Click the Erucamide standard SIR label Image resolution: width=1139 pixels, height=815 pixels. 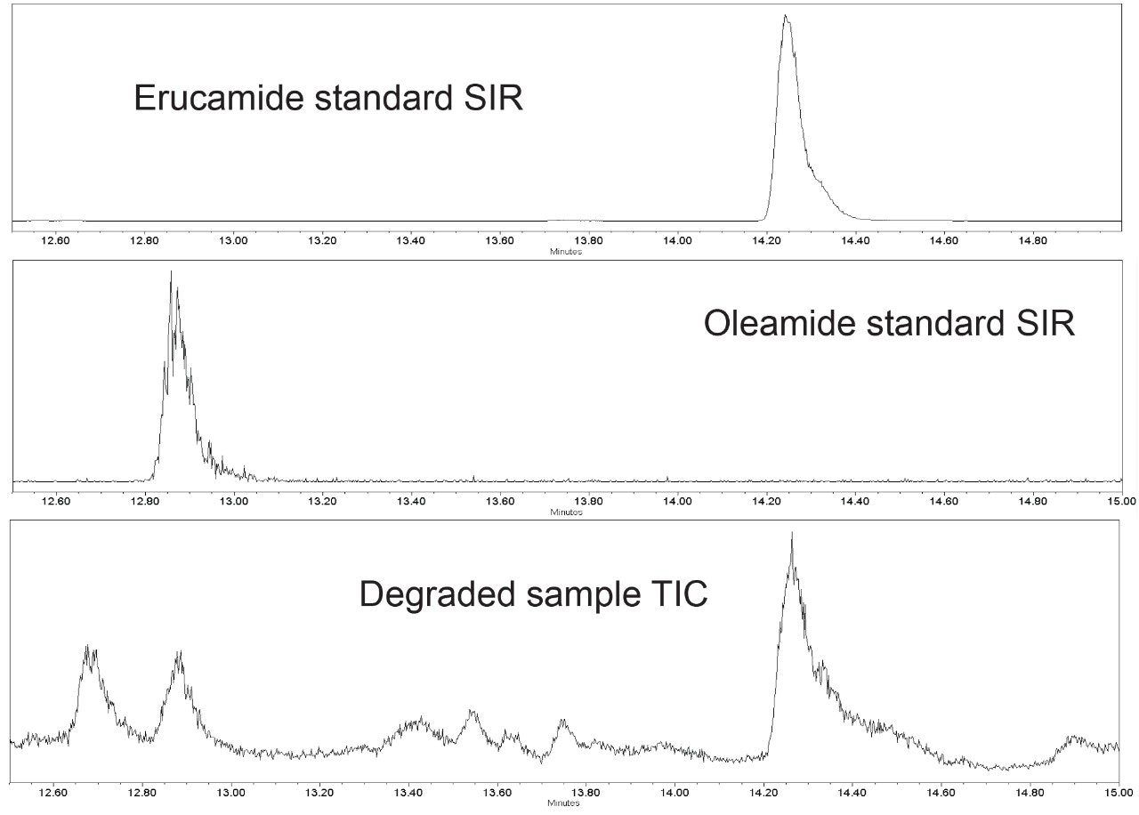[x=328, y=98]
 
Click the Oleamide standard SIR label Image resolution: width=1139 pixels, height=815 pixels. [x=889, y=323]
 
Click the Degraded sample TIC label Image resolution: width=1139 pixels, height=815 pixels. [x=533, y=593]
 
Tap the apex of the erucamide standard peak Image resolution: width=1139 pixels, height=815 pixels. [x=785, y=16]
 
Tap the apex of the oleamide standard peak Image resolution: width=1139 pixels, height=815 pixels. [x=171, y=272]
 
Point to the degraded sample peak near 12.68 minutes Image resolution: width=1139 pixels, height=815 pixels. [x=88, y=648]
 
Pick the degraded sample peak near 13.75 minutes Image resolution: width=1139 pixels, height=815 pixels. [x=561, y=721]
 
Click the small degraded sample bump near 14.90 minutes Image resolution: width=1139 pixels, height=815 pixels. [x=1075, y=738]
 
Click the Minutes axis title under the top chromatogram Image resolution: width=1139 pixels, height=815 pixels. [x=566, y=252]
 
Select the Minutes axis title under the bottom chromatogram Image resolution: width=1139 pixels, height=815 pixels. [x=565, y=803]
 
